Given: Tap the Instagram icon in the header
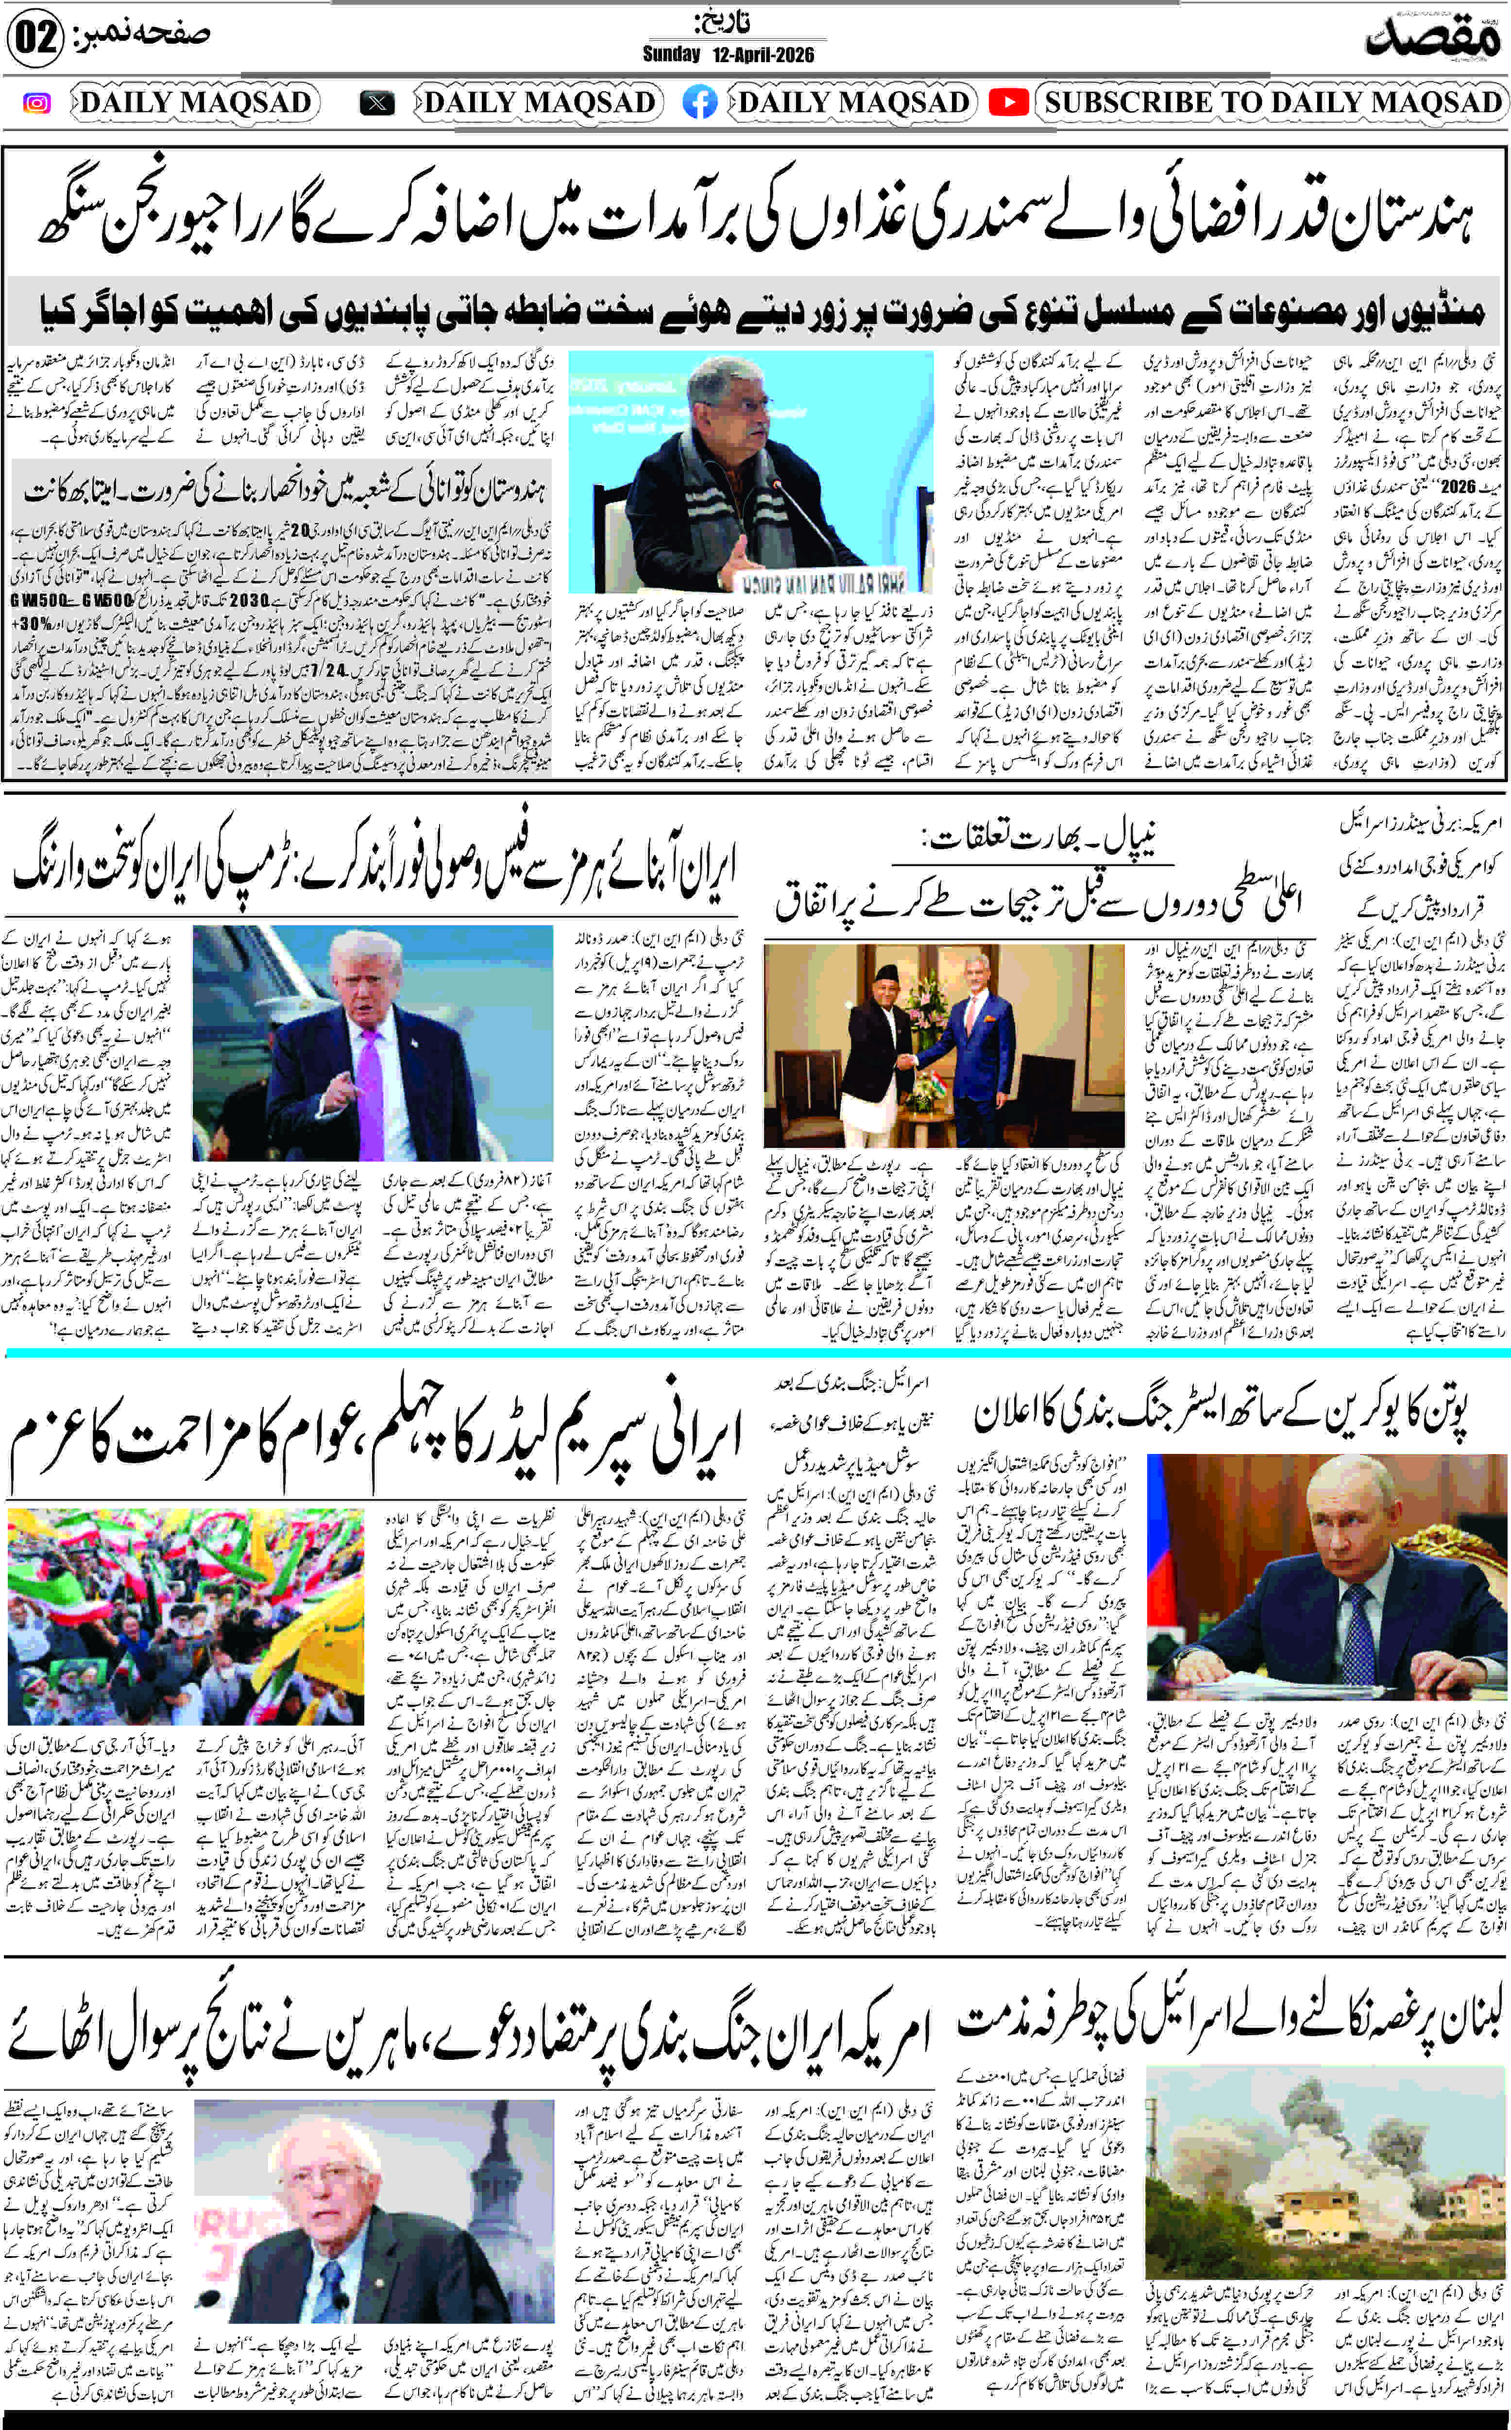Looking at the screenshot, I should (37, 103).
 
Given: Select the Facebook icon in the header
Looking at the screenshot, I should (699, 103).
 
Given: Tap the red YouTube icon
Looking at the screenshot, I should (1008, 103).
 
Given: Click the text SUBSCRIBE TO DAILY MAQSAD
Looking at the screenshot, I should (1272, 103).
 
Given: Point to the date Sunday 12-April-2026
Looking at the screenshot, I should (729, 54).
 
